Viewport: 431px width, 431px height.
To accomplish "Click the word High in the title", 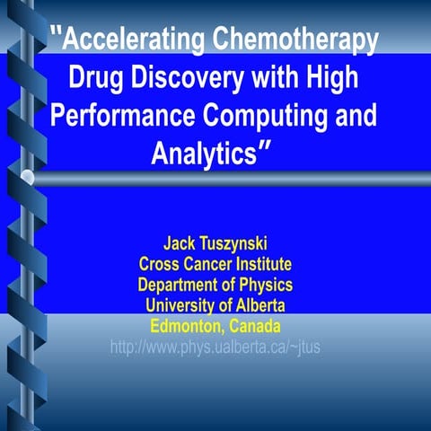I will pos(331,78).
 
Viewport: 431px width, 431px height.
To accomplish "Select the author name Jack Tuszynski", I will pos(215,243).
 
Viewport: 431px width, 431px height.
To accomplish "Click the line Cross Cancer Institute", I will pos(215,264).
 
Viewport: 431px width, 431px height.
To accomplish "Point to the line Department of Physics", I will pos(215,285).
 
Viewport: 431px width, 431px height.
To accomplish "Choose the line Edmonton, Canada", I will pos(215,325).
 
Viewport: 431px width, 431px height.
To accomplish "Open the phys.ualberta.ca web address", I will pos(215,346).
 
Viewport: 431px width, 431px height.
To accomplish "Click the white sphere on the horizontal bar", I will pos(28,178).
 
